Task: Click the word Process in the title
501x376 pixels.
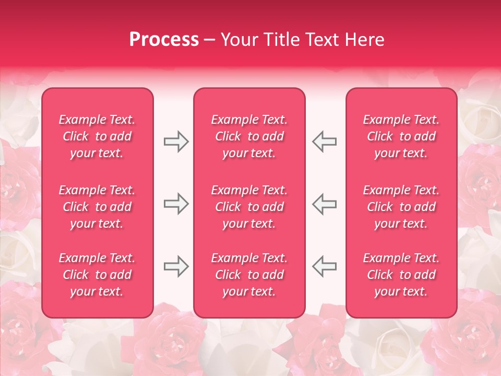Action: (164, 40)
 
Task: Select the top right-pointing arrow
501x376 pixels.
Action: (176, 142)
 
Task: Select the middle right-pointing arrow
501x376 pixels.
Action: (176, 204)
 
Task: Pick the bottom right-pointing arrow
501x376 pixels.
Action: (176, 266)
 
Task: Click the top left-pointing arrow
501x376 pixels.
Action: (325, 142)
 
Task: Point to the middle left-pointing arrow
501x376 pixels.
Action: (325, 204)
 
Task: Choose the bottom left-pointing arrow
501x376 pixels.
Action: (325, 266)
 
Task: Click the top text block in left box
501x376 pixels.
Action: (97, 136)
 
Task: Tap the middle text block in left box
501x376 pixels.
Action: (97, 207)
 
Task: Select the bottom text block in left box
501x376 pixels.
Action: (97, 275)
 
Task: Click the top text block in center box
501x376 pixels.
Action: (249, 136)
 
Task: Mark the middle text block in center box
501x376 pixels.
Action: (249, 207)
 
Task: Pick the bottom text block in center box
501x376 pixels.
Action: (249, 275)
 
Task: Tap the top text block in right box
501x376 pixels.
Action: (401, 136)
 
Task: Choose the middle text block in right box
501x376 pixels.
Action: (401, 207)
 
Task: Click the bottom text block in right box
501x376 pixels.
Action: (401, 275)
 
